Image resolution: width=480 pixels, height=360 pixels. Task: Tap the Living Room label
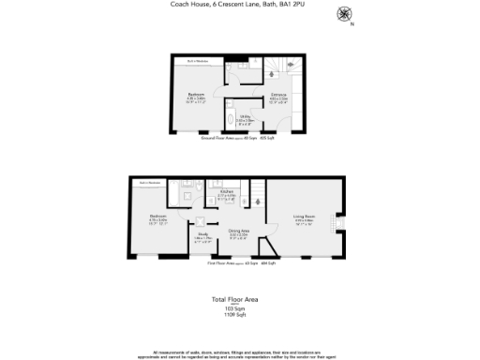tap(305, 218)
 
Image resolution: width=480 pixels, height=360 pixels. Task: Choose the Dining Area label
tap(239, 232)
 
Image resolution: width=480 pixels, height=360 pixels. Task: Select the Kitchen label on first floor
tap(227, 194)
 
